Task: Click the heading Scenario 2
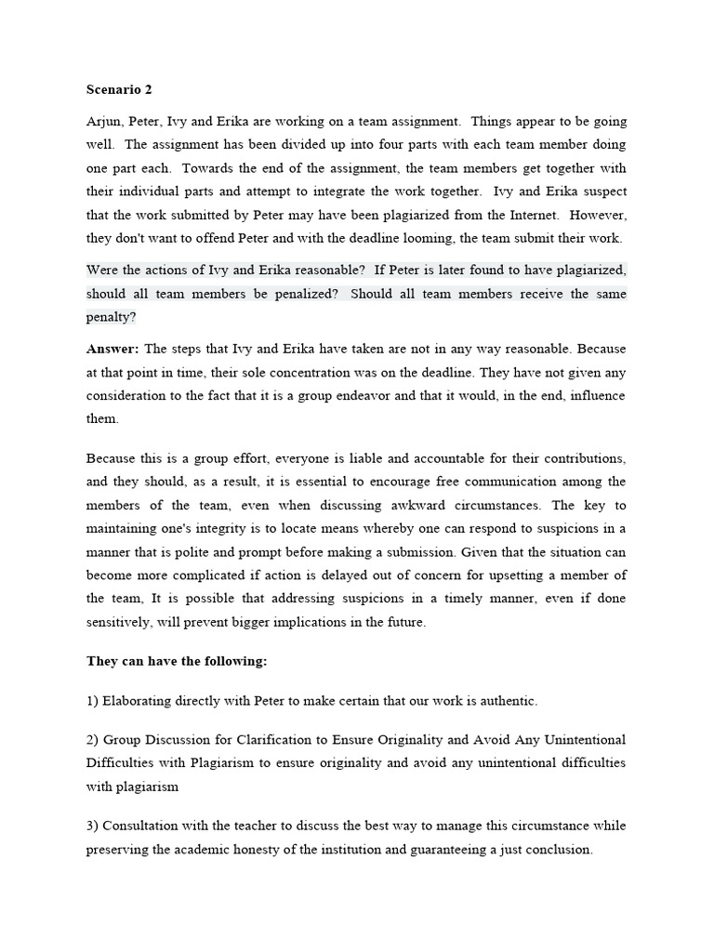[x=119, y=90]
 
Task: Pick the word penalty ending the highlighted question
[x=111, y=316]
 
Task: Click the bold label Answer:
[x=112, y=349]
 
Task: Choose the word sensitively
[x=119, y=622]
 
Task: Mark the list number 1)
[x=93, y=700]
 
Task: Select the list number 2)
[x=93, y=740]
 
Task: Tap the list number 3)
[x=93, y=826]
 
